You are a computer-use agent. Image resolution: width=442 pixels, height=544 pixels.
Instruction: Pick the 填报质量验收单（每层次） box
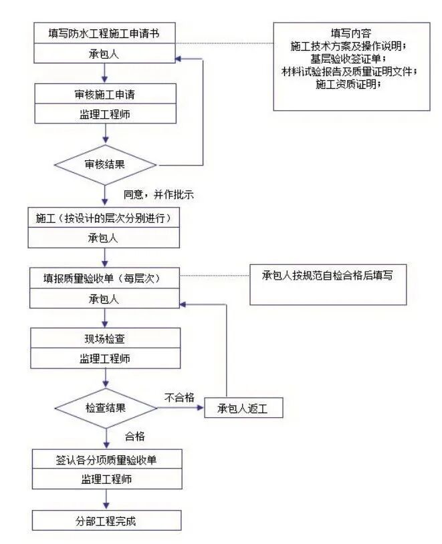[105, 276]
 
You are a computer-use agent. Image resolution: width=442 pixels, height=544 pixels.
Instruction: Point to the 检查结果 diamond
[105, 406]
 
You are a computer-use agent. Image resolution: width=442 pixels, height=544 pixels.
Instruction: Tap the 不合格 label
[179, 397]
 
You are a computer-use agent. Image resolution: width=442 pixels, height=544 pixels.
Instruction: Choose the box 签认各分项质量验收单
[106, 459]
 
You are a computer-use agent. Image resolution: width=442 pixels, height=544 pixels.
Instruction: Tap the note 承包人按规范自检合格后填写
[327, 276]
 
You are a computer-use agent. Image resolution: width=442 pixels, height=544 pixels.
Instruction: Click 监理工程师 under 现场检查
[105, 358]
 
